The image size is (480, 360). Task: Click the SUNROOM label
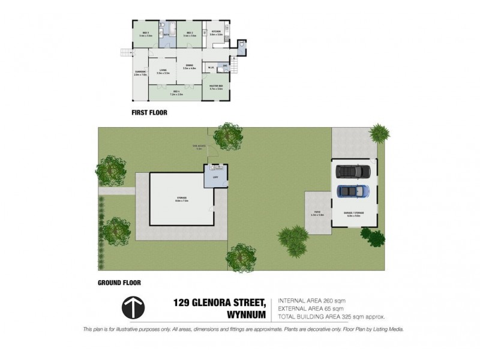tap(140, 74)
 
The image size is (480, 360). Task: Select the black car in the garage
tap(353, 172)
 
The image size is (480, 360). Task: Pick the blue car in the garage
tap(353, 191)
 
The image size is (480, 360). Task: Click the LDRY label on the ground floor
tap(215, 178)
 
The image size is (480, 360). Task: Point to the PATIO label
tap(317, 213)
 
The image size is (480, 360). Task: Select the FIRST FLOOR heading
tap(149, 112)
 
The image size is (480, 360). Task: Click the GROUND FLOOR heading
tap(119, 282)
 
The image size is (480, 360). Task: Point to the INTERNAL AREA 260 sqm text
tap(311, 301)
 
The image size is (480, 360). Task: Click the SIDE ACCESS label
tap(198, 146)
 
